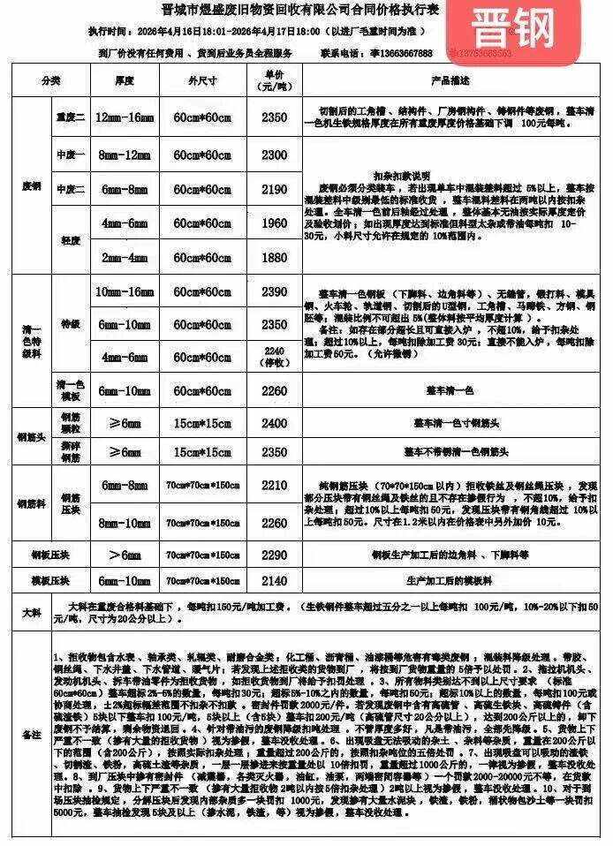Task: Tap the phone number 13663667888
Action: click(399, 53)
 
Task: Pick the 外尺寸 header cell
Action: click(202, 80)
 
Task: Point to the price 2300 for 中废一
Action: click(275, 155)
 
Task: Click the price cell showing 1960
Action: click(275, 224)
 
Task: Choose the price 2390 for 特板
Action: click(275, 291)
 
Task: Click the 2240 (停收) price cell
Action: click(275, 356)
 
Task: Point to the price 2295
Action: click(275, 451)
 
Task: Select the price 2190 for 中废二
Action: click(275, 189)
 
